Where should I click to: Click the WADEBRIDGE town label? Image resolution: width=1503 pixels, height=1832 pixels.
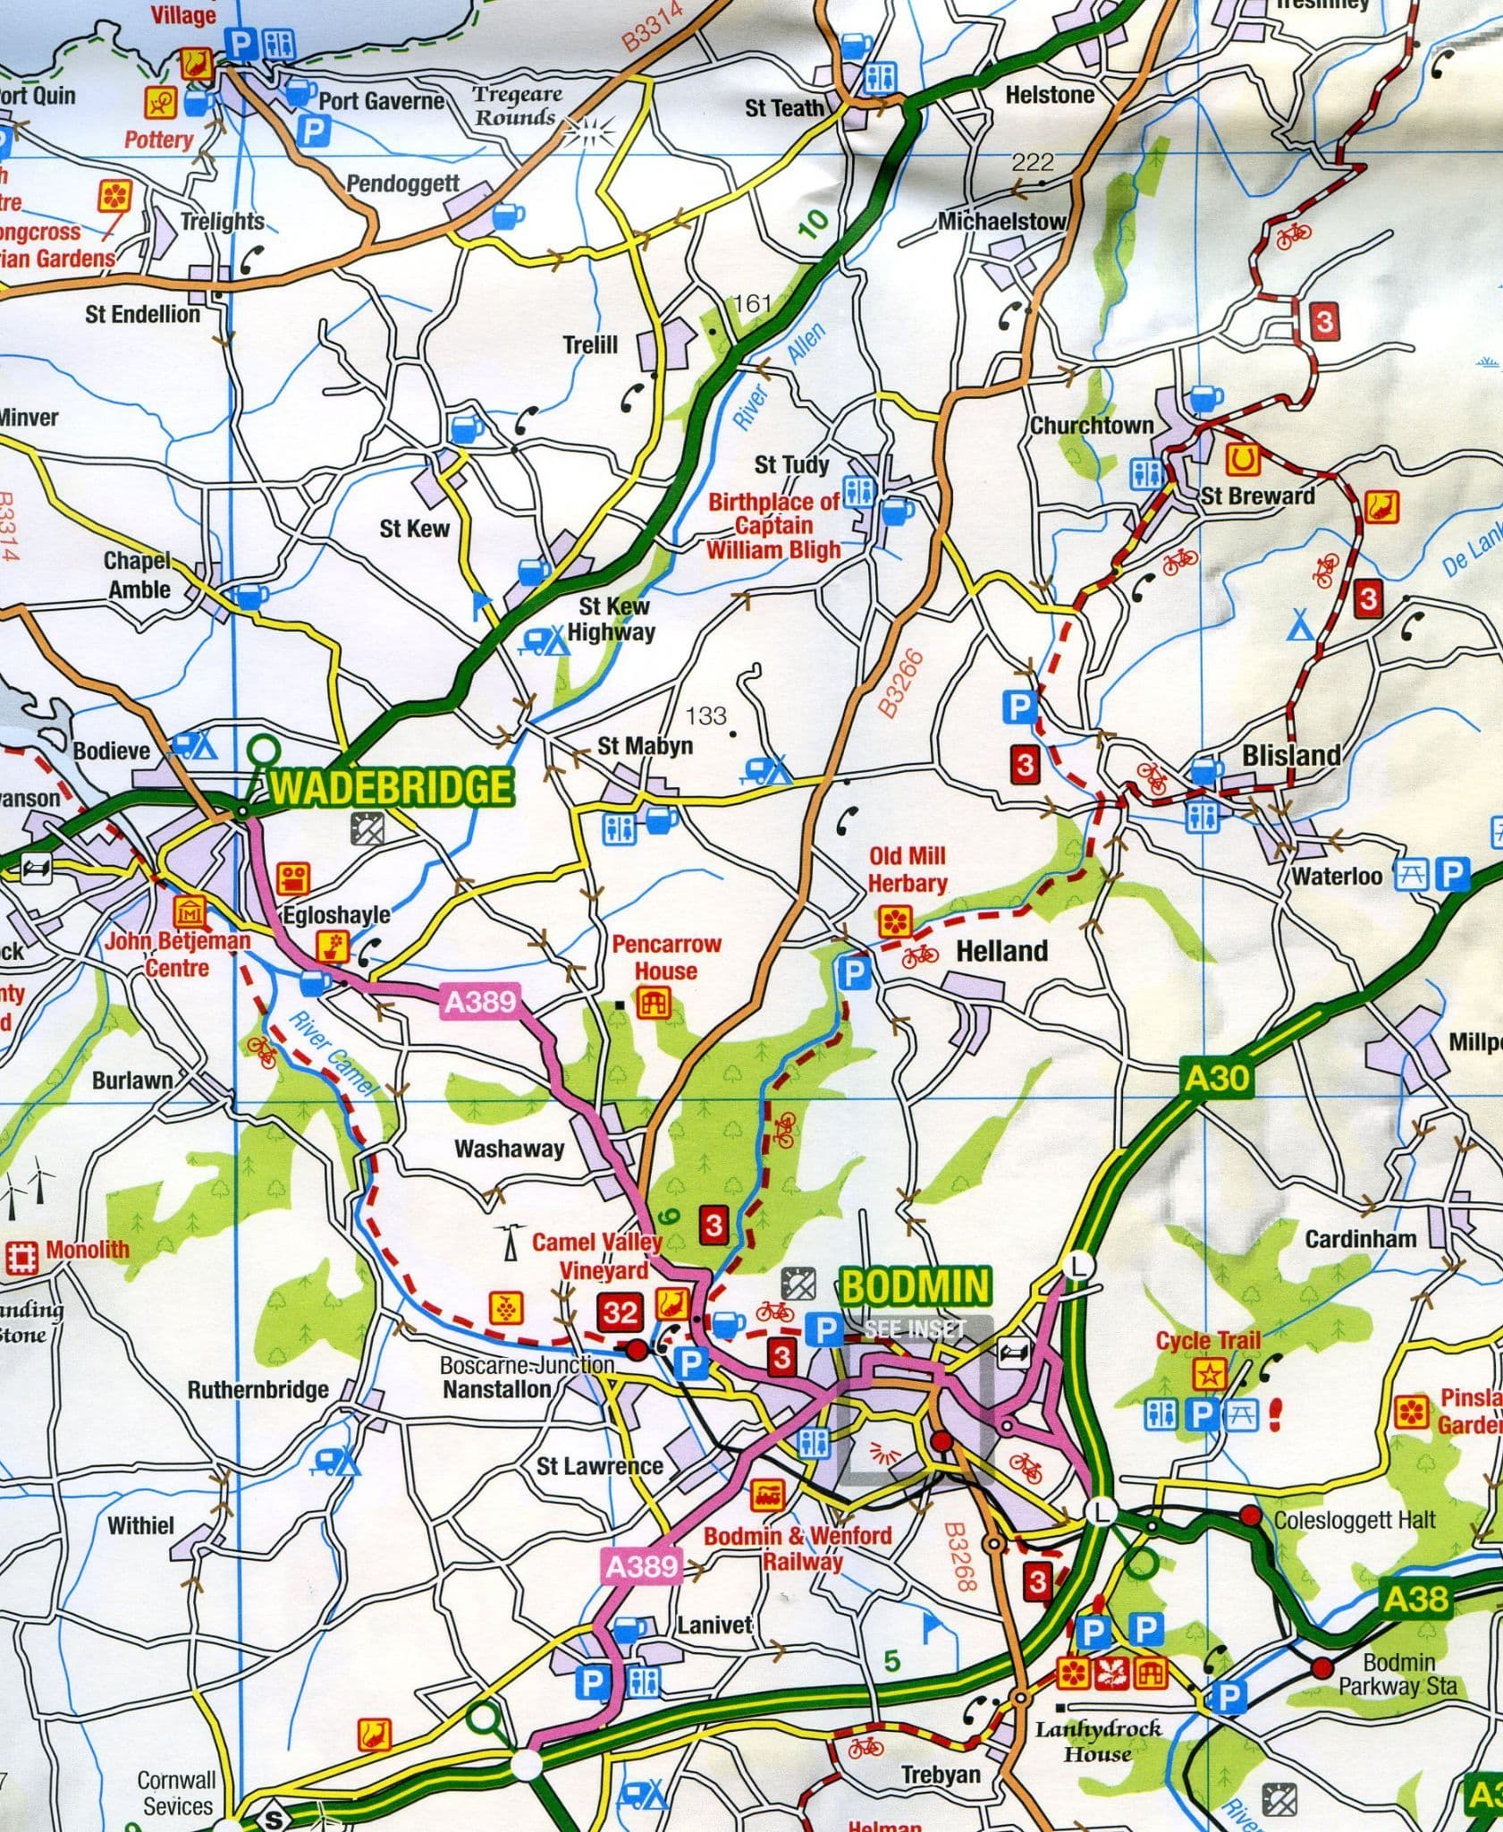click(392, 786)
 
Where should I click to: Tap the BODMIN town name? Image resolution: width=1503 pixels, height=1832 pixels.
click(916, 1286)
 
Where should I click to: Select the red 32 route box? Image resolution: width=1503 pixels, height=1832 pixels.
click(620, 1312)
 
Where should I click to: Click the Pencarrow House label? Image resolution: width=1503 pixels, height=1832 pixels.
click(666, 957)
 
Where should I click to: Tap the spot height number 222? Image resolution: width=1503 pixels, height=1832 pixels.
click(1033, 162)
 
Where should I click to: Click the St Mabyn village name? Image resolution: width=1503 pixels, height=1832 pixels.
click(645, 745)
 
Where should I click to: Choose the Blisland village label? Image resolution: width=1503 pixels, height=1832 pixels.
click(1291, 755)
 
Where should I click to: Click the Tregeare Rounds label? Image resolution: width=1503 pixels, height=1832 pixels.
click(517, 106)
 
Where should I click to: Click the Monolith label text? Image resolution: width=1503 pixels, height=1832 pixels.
click(87, 1249)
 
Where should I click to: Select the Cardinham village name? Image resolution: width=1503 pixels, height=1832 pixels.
click(1360, 1239)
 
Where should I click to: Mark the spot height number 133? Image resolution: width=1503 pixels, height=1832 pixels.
click(706, 716)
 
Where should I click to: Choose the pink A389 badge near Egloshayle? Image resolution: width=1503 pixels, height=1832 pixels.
click(480, 1002)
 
